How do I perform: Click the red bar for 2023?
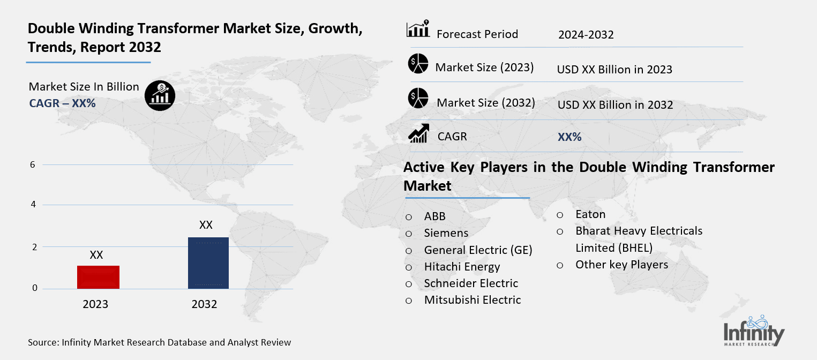98,277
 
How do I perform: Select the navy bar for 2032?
208,262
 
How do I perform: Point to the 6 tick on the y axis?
33,164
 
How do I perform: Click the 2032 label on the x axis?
204,304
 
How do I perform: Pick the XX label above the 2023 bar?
96,255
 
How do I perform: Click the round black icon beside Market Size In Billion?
160,96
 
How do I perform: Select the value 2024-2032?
586,35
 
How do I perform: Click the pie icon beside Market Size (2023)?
418,64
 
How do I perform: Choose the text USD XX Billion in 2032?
615,105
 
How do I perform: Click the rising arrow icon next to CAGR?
418,134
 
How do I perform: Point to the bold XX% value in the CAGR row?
569,137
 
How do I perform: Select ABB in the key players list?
434,216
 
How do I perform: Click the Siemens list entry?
446,233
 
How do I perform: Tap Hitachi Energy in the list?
462,266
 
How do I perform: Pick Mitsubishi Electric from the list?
472,300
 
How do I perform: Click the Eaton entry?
590,214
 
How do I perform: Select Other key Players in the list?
621,265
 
